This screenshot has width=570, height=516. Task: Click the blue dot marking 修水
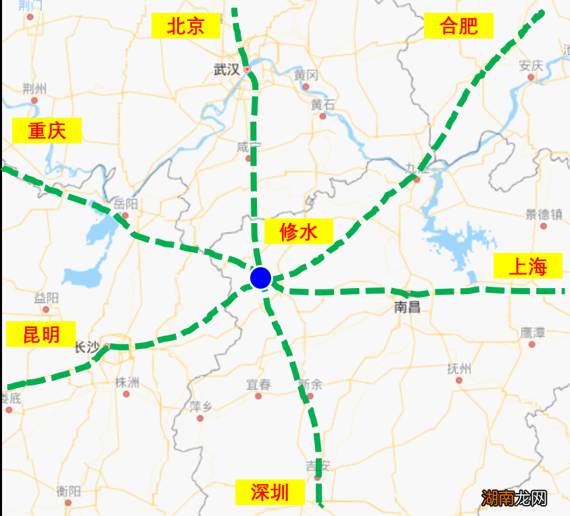[260, 278]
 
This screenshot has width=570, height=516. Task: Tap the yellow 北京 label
[186, 26]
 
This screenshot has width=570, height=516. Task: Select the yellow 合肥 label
[458, 26]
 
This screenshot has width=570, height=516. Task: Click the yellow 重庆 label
[47, 131]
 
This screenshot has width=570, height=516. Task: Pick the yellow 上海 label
[527, 266]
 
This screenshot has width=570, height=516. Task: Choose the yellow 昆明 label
[41, 334]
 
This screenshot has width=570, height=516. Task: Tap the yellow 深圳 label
[270, 492]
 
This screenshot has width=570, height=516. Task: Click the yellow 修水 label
[298, 233]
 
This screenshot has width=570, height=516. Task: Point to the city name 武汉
[227, 70]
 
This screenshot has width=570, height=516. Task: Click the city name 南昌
[407, 308]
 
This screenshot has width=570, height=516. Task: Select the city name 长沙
[87, 348]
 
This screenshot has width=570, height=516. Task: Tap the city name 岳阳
[126, 204]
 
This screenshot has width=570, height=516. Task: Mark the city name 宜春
[258, 385]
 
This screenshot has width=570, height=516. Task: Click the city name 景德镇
[544, 214]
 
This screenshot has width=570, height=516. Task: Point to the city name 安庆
[531, 66]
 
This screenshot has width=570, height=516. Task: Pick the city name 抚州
[459, 369]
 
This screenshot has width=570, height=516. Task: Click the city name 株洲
[127, 382]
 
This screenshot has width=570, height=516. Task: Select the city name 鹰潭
[532, 333]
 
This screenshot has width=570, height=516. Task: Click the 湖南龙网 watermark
[515, 499]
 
